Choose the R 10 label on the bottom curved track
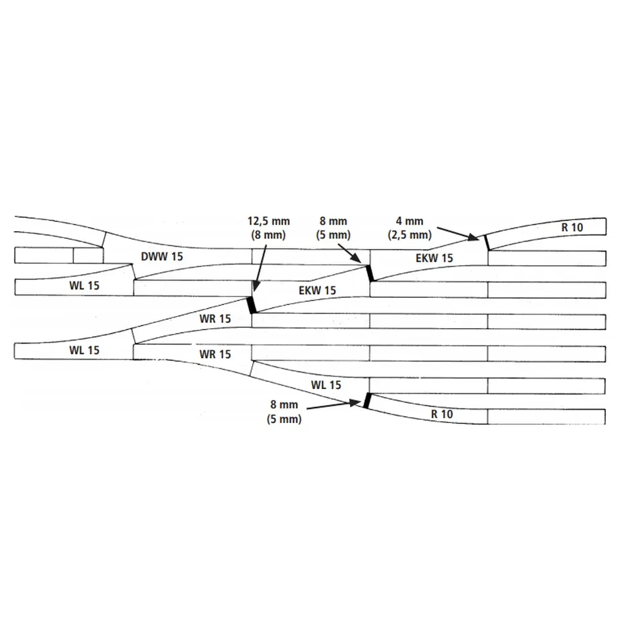click(x=443, y=414)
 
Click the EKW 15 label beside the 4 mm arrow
click(x=433, y=259)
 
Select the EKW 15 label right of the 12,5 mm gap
click(x=317, y=291)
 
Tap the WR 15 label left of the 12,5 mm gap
click(x=214, y=318)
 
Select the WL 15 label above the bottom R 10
click(x=326, y=385)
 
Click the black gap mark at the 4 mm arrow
click(x=486, y=242)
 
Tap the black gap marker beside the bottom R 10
click(x=367, y=400)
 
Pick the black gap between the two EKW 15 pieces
click(x=370, y=272)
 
